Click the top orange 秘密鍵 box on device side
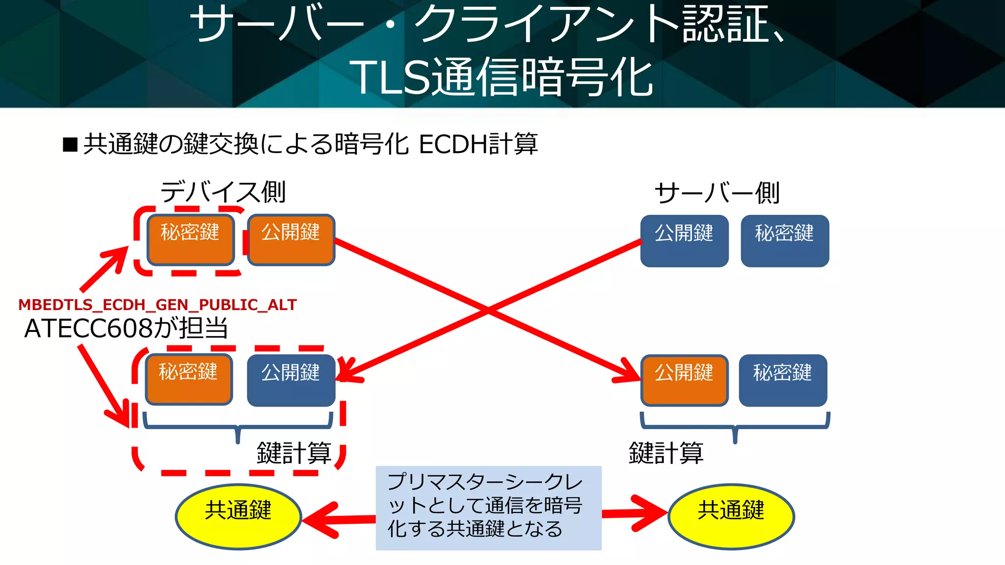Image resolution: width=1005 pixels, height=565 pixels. coord(190,240)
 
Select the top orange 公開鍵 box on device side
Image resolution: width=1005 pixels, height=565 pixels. coord(291,240)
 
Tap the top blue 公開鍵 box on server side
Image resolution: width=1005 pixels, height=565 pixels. coord(684,241)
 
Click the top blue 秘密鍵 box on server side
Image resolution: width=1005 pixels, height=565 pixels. coord(785,241)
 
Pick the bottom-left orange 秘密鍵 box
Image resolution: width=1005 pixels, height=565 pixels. coord(189,380)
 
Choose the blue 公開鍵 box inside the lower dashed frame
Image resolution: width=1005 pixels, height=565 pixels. coord(291,381)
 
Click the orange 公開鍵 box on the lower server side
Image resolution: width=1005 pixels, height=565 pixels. coord(684,381)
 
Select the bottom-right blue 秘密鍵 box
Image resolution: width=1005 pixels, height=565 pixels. coord(783,381)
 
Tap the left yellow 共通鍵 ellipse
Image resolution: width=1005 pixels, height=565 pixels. coord(238,516)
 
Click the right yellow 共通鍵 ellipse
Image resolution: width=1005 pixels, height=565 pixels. coord(731,516)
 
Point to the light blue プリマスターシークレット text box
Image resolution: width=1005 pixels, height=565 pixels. coord(488,508)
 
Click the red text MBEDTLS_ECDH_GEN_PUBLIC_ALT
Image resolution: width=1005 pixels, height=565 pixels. coord(158,305)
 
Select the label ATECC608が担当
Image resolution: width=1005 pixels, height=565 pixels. coord(126,328)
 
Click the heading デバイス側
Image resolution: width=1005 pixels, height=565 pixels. coord(223,192)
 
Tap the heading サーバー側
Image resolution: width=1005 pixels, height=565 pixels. coord(717,193)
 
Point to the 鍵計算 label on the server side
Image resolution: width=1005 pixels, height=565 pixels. coord(666,453)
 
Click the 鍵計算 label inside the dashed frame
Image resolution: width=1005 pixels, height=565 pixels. coord(294,453)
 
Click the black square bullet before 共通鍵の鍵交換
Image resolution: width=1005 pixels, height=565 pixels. coord(71,145)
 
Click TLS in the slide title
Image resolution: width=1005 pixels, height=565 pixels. coord(390,77)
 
